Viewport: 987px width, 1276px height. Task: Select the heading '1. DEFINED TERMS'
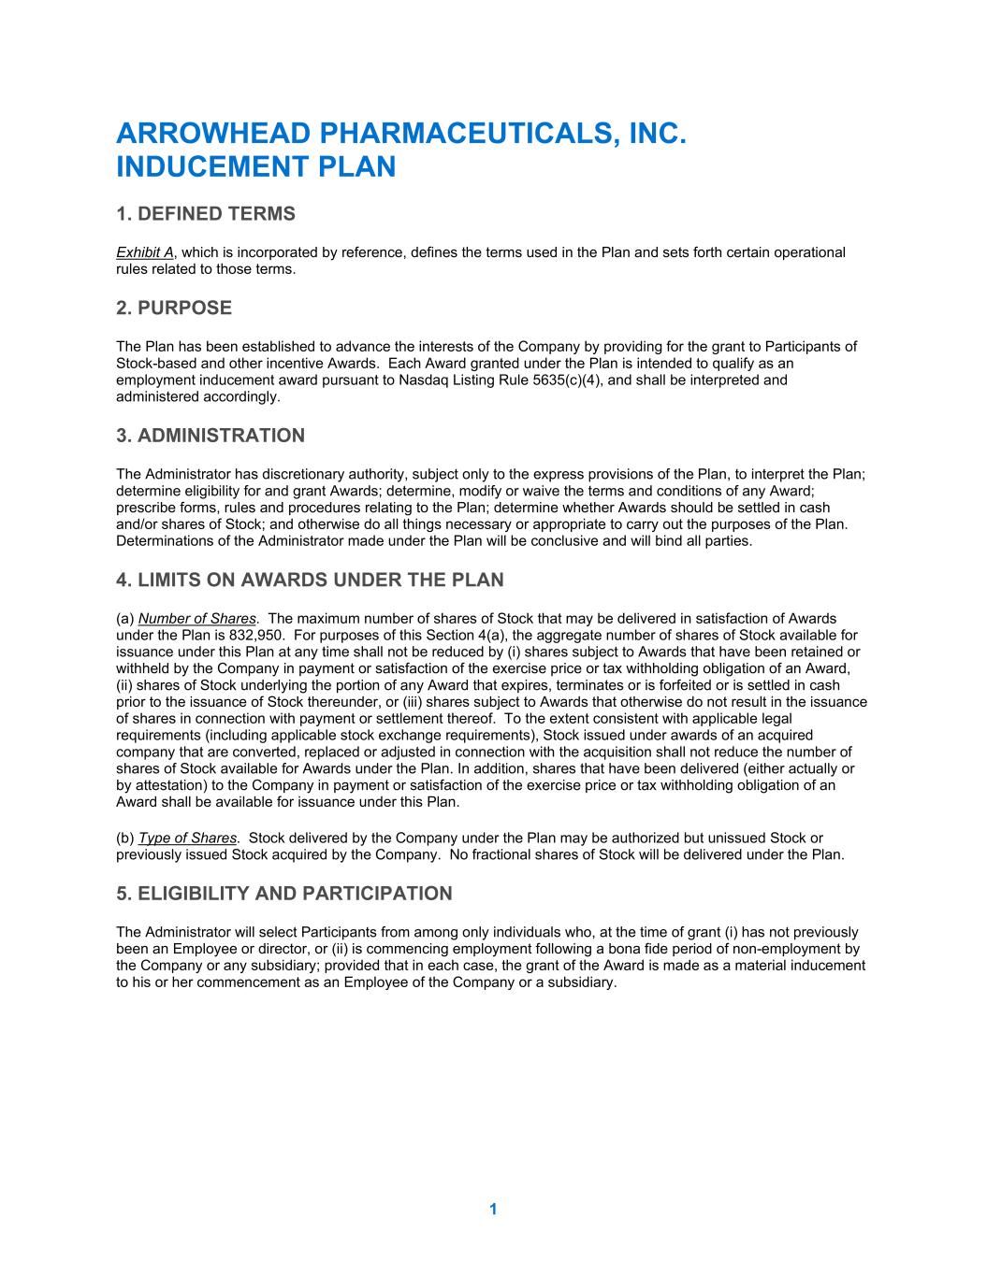(205, 214)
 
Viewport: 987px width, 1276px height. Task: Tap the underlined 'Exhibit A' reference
(145, 252)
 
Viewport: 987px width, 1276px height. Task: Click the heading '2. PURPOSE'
(174, 308)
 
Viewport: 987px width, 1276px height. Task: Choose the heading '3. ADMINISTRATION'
(210, 436)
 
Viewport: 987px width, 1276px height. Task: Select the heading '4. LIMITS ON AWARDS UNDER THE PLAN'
(310, 580)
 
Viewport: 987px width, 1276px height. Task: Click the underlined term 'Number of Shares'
(197, 619)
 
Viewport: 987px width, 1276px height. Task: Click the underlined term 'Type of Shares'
(187, 839)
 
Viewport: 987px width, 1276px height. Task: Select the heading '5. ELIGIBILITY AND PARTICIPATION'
(283, 894)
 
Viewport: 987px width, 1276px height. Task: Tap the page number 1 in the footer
(493, 1210)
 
